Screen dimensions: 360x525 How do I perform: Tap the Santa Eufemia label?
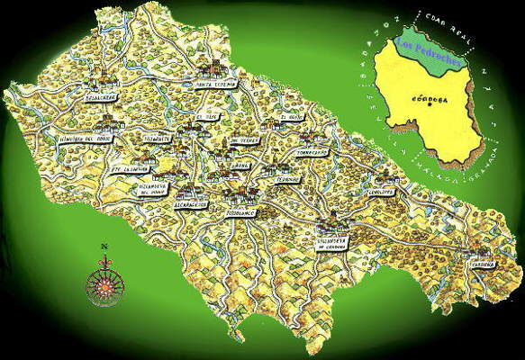(214, 85)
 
